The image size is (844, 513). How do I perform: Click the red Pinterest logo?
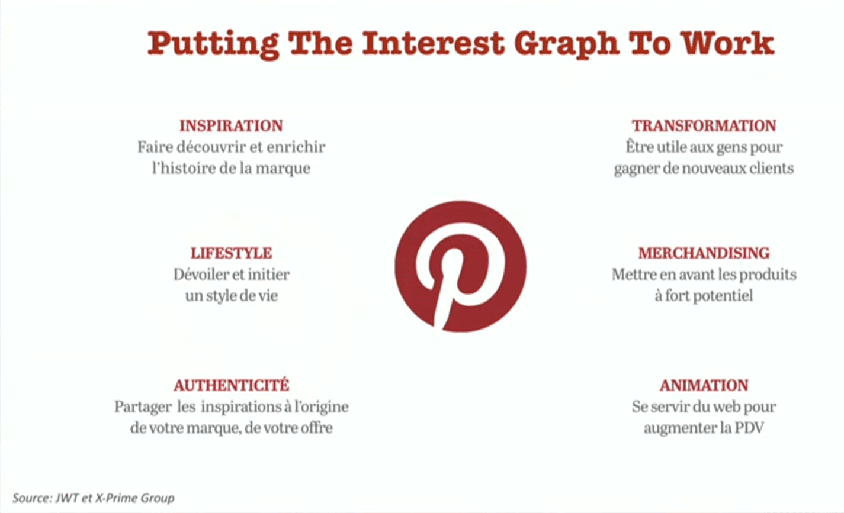pyautogui.click(x=460, y=266)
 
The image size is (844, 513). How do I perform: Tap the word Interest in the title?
pyautogui.click(x=433, y=43)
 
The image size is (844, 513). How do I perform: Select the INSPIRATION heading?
pyautogui.click(x=231, y=125)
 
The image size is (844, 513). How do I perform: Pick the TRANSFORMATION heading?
pyautogui.click(x=704, y=125)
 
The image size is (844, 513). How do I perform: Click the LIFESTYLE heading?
pyautogui.click(x=231, y=253)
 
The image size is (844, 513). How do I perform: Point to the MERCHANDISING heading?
pyautogui.click(x=704, y=253)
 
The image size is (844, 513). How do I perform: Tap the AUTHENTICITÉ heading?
pyautogui.click(x=232, y=385)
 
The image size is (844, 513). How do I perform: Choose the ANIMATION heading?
pyautogui.click(x=704, y=385)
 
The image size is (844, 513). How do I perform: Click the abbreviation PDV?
pyautogui.click(x=749, y=428)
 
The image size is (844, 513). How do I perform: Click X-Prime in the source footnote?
pyautogui.click(x=116, y=498)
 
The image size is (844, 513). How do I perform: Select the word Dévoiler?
pyautogui.click(x=200, y=275)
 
